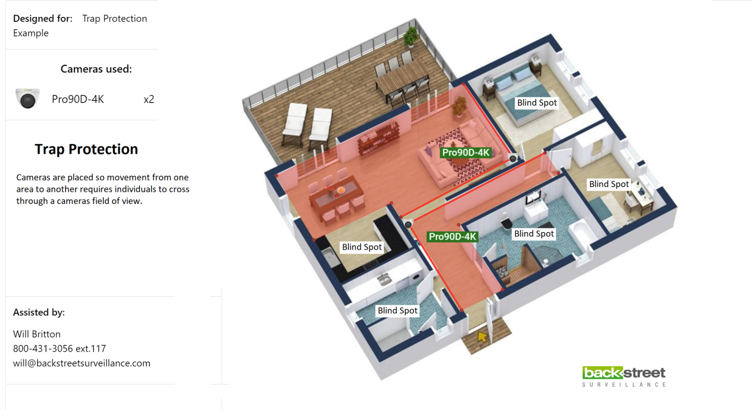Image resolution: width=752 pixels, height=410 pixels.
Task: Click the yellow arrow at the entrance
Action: click(482, 337)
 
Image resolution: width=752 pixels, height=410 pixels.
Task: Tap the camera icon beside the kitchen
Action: click(408, 224)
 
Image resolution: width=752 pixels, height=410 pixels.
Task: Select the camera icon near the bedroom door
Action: click(513, 158)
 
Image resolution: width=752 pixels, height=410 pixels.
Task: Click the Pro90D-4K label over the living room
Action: click(466, 152)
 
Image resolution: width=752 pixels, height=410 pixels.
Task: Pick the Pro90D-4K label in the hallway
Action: click(452, 236)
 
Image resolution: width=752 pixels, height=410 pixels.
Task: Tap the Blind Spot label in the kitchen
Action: click(362, 247)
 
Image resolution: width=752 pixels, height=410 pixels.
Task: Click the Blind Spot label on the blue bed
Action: click(537, 103)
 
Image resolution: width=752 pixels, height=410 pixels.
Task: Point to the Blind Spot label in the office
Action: click(609, 184)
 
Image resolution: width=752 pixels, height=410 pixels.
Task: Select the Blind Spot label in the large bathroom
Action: click(534, 234)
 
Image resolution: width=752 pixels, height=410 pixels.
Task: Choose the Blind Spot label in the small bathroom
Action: click(397, 310)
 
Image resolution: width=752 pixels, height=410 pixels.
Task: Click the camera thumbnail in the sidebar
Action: click(27, 98)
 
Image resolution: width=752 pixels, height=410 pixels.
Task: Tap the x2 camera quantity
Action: click(149, 99)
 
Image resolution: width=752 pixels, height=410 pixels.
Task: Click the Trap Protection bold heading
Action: click(86, 149)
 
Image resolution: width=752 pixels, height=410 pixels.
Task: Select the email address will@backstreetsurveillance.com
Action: click(81, 363)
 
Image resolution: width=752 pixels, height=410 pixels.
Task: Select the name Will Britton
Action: click(37, 334)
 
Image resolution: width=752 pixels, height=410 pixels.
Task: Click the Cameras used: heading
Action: click(96, 69)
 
